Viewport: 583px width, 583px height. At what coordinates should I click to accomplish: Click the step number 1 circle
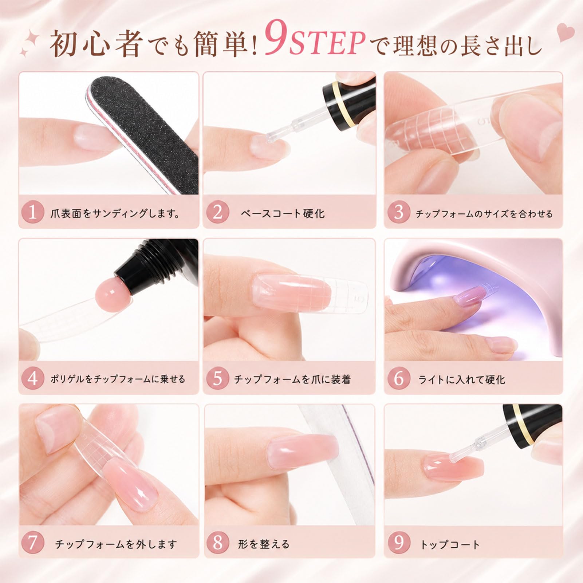tap(32, 212)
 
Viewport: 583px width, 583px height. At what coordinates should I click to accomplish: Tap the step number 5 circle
tap(217, 378)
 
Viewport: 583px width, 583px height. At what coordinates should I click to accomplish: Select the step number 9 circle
tap(399, 543)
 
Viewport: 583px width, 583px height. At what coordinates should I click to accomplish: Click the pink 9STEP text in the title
tap(315, 43)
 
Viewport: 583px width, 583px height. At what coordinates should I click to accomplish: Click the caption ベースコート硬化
tap(283, 213)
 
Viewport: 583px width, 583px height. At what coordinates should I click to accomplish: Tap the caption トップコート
tap(450, 544)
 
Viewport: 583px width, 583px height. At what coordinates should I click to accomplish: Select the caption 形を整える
tap(264, 544)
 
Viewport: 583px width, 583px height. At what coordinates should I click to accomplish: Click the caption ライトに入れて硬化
tap(461, 379)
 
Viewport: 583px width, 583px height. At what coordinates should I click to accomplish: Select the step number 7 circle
tap(32, 543)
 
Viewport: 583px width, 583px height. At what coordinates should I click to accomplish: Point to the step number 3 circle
tap(399, 212)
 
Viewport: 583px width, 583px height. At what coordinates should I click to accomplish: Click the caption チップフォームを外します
tap(116, 544)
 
